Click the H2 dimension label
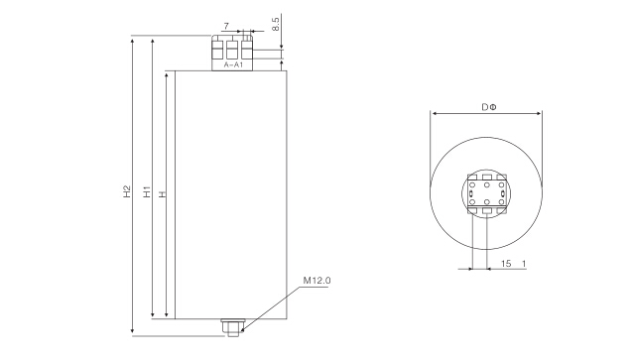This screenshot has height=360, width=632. (x=127, y=191)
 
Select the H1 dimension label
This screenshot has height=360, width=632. (x=147, y=191)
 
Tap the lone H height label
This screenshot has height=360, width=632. (x=163, y=194)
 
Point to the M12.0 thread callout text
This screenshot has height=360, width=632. (x=316, y=281)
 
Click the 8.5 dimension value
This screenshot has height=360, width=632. (x=276, y=24)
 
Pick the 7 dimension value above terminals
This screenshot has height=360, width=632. (x=226, y=26)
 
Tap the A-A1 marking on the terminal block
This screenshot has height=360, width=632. (x=233, y=64)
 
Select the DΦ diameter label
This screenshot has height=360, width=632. (x=489, y=107)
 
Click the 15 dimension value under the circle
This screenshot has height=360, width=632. (x=506, y=264)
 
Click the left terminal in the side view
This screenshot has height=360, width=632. (x=217, y=50)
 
